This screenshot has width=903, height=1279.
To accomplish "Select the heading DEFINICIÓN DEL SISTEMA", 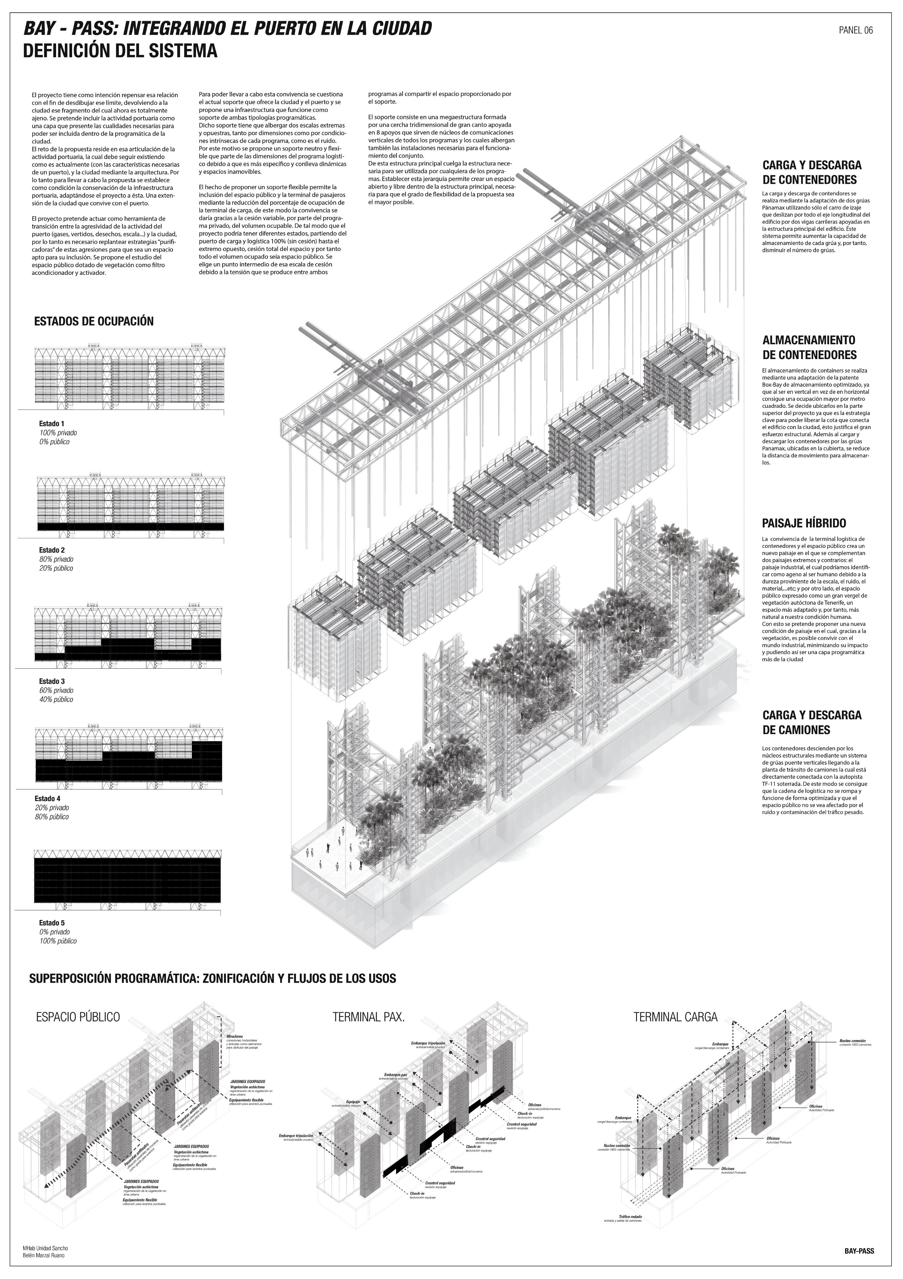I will (x=120, y=52).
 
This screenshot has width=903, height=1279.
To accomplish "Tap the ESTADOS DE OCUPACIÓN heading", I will (x=93, y=321).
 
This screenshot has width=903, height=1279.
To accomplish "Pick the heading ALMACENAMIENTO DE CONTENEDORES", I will (x=809, y=347).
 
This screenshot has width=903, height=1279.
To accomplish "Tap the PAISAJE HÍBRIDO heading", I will (x=803, y=523).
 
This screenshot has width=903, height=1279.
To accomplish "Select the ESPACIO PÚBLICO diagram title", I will (x=78, y=1017).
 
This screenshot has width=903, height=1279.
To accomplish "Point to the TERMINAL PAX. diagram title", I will (x=368, y=1017).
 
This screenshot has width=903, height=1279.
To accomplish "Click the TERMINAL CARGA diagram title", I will (x=675, y=1017).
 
